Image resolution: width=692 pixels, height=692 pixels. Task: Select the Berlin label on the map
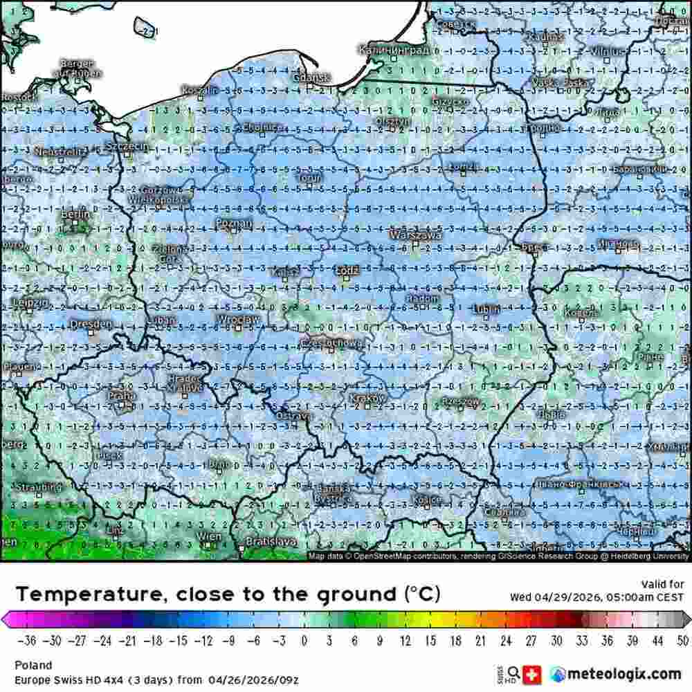pos(71,215)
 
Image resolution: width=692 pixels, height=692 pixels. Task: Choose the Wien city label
pos(209,536)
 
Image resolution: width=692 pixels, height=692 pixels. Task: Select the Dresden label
pos(90,323)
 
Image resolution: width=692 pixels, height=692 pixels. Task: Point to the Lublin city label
pos(487,309)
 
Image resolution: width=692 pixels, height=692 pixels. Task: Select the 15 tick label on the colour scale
pos(430,640)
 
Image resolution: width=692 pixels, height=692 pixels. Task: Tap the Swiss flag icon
pos(532,673)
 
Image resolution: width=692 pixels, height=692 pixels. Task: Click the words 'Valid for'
pos(662,584)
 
